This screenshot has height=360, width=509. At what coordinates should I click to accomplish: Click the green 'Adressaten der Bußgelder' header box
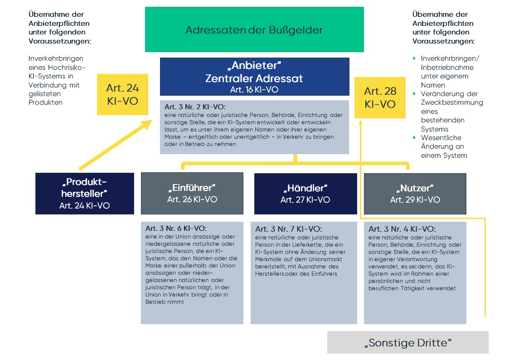point(254,29)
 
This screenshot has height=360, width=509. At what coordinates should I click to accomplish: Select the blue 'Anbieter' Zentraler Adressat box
point(255,77)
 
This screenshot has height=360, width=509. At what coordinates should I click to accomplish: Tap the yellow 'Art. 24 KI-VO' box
point(122,94)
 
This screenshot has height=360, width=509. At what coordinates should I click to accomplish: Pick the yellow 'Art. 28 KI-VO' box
point(380,97)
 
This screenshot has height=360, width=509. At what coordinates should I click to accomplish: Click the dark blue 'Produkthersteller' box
point(85,194)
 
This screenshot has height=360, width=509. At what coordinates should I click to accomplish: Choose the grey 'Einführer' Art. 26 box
point(192,194)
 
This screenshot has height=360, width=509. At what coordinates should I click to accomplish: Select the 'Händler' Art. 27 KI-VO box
point(305,194)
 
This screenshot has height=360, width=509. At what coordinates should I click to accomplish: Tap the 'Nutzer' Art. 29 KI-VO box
point(415,194)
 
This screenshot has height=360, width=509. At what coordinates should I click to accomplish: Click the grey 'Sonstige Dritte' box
point(408,342)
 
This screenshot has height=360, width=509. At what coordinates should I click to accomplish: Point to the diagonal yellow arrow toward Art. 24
point(116,145)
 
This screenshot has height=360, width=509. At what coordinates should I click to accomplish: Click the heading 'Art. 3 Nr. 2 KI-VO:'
point(195,107)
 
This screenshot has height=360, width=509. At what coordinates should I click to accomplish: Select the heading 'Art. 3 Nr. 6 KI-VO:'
point(176,228)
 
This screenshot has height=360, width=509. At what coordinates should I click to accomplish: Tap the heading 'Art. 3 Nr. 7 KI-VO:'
point(289,229)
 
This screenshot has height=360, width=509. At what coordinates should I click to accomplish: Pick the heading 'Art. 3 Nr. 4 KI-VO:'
point(402,229)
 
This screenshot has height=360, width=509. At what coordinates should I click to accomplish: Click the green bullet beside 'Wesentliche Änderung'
point(414,138)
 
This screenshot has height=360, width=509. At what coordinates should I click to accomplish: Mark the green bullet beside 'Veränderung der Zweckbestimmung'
point(414,94)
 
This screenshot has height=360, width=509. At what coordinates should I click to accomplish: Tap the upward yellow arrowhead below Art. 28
point(360,122)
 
